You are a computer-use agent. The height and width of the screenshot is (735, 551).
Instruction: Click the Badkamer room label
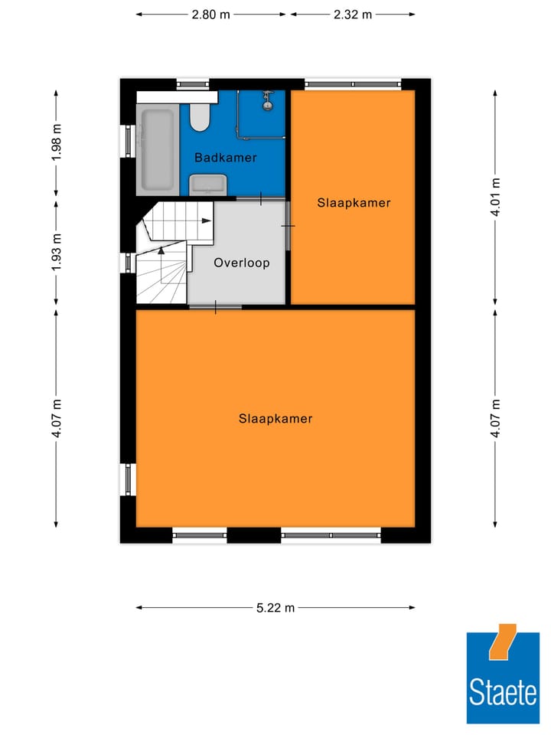click(x=225, y=158)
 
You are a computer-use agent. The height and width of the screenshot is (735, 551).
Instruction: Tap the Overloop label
click(x=241, y=263)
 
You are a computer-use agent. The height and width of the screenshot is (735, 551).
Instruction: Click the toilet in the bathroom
click(x=201, y=116)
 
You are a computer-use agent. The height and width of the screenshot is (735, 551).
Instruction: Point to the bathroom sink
click(x=208, y=184)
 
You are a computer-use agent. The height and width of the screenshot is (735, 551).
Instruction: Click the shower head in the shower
click(x=268, y=98)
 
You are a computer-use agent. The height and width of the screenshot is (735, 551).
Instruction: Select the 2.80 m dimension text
click(x=211, y=14)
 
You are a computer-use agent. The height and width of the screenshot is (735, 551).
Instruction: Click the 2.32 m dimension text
click(x=353, y=14)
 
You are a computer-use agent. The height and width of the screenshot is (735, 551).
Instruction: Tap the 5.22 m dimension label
click(x=275, y=608)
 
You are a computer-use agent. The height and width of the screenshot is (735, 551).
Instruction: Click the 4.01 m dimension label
click(x=496, y=198)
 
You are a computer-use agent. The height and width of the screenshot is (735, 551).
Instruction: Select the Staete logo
click(x=503, y=678)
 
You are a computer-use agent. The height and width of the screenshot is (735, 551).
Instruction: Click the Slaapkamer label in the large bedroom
click(x=275, y=419)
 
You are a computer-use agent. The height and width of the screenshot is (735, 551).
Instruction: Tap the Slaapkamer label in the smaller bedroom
click(x=354, y=203)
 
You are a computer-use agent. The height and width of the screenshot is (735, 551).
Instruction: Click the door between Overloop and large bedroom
click(x=215, y=307)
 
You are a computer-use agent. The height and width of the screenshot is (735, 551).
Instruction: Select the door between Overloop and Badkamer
click(x=261, y=199)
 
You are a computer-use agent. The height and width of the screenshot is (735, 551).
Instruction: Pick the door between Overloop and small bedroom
click(x=289, y=225)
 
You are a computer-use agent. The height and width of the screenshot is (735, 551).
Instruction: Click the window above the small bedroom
click(x=353, y=83)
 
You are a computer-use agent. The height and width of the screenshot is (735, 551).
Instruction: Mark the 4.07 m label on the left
click(x=56, y=418)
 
